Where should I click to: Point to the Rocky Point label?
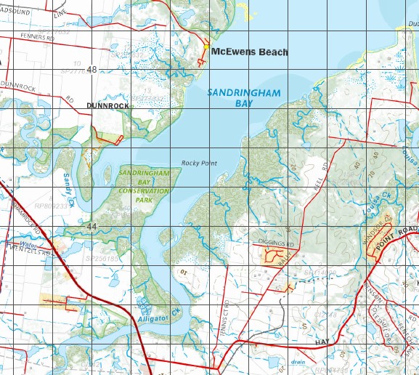click(x=200, y=163)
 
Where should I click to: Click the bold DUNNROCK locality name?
click(x=107, y=106)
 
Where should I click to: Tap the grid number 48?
click(x=91, y=70)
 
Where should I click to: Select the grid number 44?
click(x=91, y=227)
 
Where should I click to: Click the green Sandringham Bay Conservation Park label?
click(x=144, y=185)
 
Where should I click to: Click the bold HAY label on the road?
click(x=323, y=341)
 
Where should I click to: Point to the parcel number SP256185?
click(x=101, y=258)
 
